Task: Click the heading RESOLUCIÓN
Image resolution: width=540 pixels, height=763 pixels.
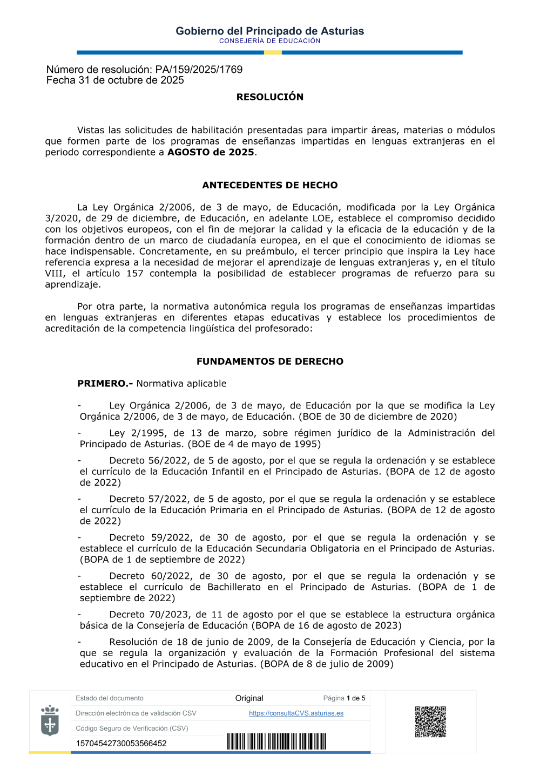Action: pos(269,97)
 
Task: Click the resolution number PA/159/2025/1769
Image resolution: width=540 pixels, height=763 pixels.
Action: pos(199,70)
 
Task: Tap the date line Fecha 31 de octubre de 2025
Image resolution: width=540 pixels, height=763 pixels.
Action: pos(115,80)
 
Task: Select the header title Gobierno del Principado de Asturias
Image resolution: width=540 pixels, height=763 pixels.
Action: pos(269,31)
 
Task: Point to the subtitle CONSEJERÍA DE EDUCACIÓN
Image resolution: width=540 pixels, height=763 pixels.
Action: pos(269,41)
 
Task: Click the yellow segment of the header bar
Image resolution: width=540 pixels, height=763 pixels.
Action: pos(273,52)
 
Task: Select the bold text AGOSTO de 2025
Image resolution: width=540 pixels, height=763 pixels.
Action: pos(211,152)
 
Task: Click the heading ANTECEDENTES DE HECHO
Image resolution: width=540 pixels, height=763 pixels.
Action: pos(269,185)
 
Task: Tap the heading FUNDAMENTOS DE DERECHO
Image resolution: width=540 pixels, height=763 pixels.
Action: pos(269,362)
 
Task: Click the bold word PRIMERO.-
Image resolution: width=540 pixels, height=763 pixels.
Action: pos(105,384)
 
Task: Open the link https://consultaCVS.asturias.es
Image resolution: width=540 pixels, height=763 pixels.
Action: pos(296,713)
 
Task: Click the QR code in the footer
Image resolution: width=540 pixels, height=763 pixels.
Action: pos(430,721)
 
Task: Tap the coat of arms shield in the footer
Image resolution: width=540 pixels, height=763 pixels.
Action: pos(50,721)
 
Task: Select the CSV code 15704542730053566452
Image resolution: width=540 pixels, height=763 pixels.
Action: pos(121,744)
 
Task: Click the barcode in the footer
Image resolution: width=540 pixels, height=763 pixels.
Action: pos(276,741)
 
